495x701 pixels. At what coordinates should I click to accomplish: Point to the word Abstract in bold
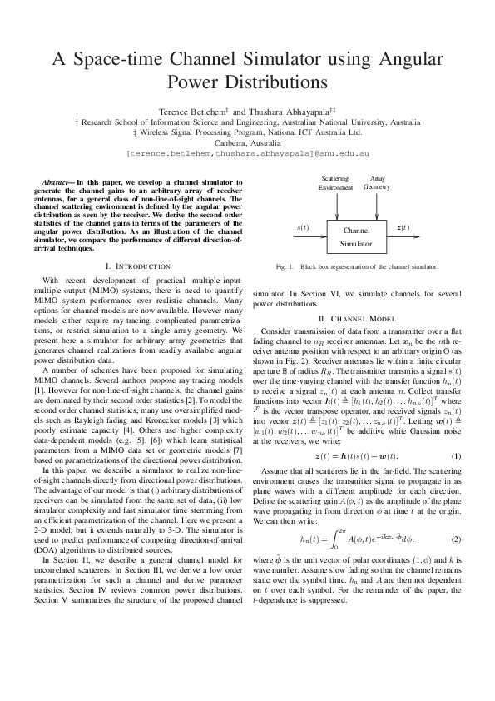point(57,181)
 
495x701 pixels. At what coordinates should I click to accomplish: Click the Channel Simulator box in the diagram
point(356,236)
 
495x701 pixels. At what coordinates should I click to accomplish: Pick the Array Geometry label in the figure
point(377,183)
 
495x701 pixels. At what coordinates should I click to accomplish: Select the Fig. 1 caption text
point(357,267)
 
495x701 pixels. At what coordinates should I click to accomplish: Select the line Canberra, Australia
point(247,142)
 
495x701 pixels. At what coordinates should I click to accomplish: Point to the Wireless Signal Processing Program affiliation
point(247,132)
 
